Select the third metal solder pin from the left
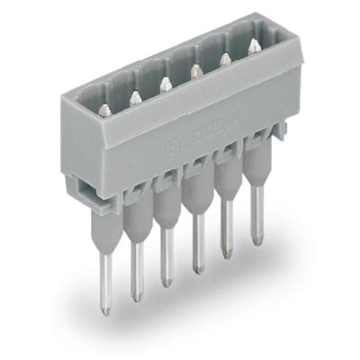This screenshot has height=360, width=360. pos(166,261)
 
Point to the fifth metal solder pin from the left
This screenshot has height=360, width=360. pos(227,236)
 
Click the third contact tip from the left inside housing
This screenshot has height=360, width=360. pos(164,85)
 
